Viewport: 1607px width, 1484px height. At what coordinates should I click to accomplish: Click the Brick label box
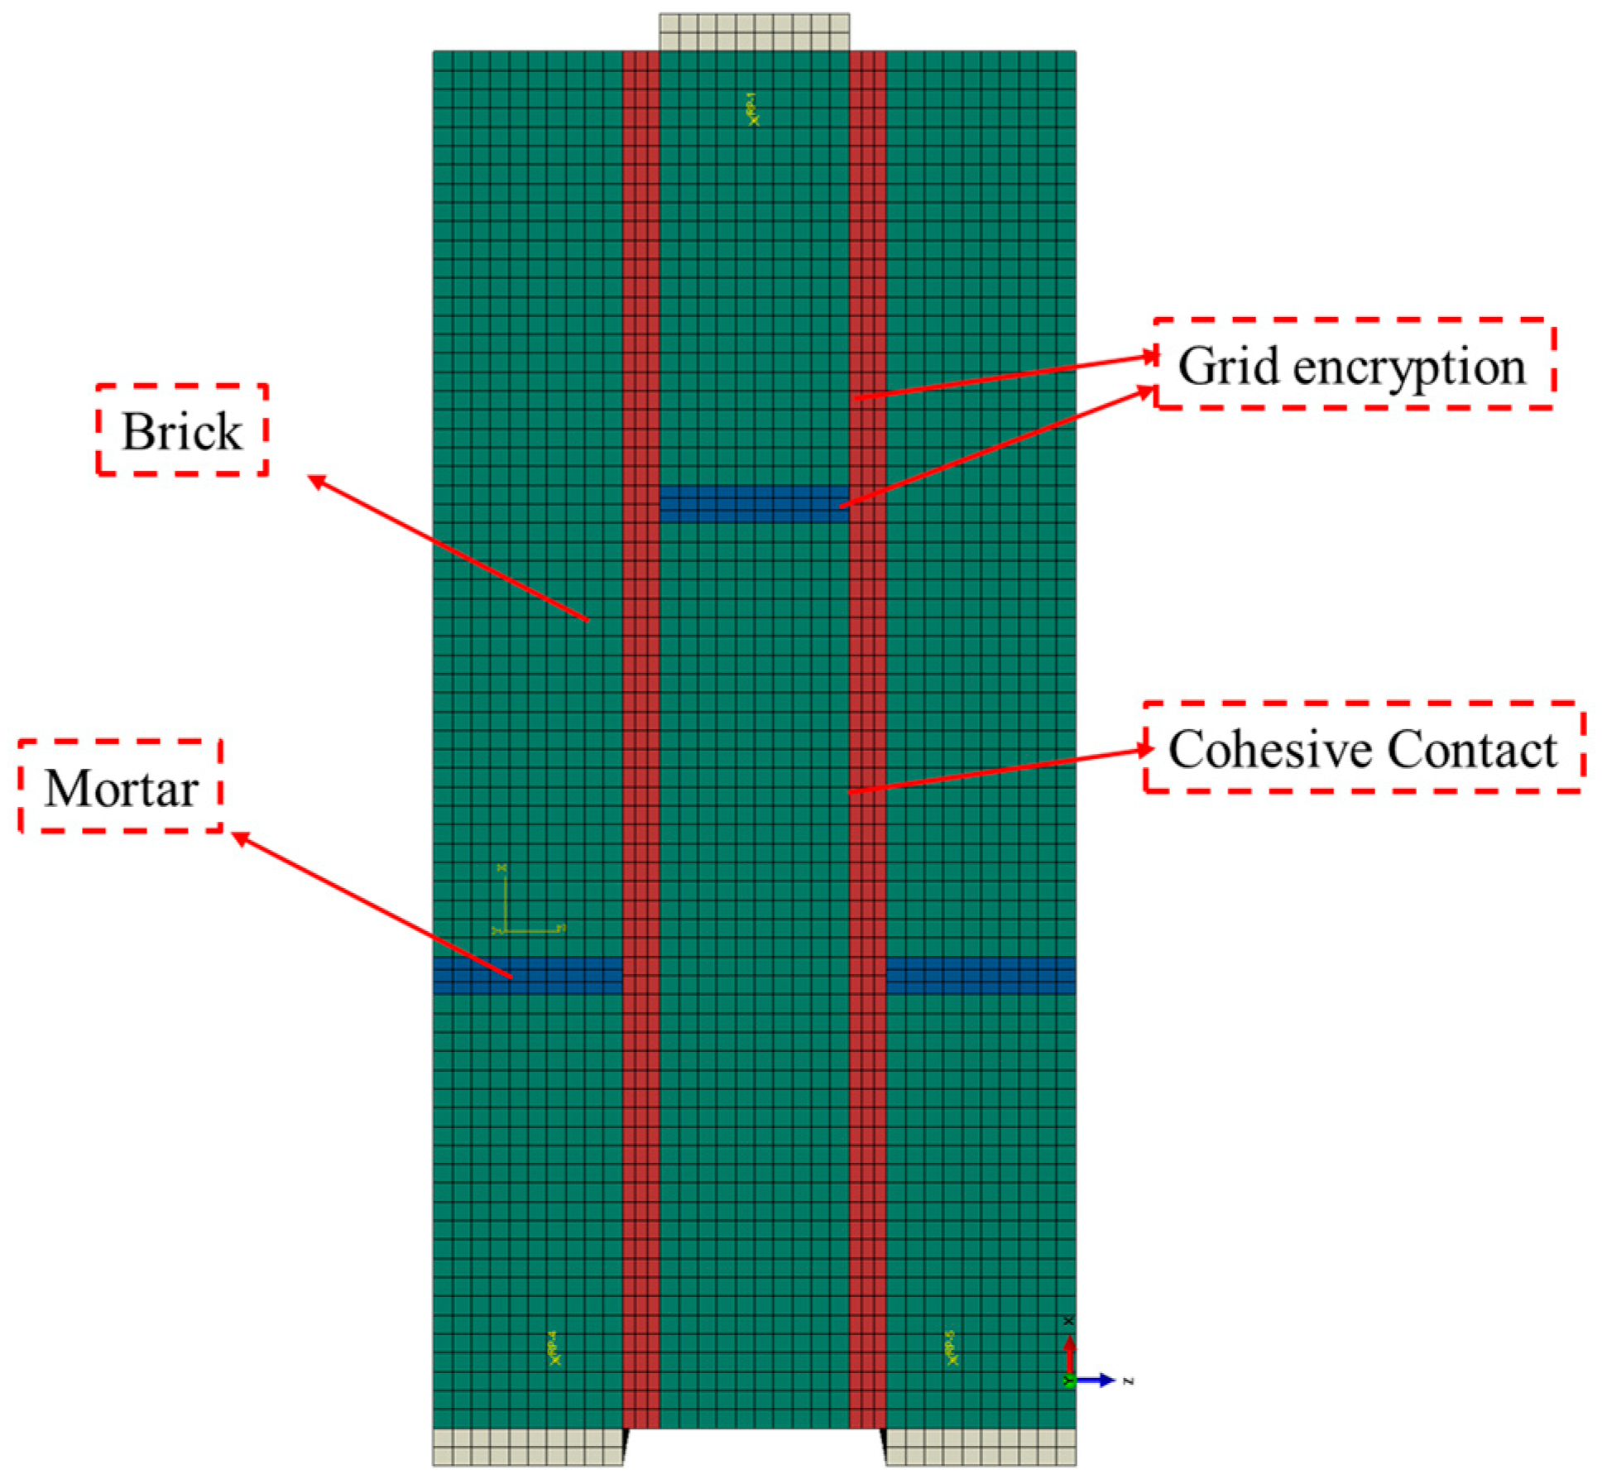pos(182,430)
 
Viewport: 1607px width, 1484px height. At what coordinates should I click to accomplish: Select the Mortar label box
pos(121,786)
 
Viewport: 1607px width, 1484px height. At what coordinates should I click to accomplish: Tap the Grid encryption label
pos(1353,364)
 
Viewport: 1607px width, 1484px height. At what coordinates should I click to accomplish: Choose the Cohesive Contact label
pos(1363,748)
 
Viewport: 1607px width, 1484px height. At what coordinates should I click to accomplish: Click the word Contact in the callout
pos(1473,749)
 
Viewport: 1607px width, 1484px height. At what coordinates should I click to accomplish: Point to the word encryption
pos(1410,367)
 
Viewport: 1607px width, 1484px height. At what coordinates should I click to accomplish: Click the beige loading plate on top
pos(754,32)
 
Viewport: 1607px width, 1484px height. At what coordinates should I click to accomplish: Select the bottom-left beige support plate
pos(527,1447)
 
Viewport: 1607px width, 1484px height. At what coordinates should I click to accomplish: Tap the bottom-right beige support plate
pos(981,1447)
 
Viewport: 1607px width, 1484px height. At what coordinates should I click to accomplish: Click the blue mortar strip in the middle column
pos(754,504)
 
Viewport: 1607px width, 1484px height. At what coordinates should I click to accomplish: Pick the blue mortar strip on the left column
pos(527,975)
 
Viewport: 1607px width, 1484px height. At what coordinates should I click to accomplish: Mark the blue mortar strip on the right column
pos(981,975)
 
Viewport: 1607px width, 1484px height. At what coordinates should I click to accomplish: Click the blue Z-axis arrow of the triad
pos(1097,1380)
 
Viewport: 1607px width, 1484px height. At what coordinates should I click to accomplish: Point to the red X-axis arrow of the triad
pos(1069,1352)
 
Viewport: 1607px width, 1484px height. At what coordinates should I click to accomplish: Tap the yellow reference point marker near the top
pos(752,110)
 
